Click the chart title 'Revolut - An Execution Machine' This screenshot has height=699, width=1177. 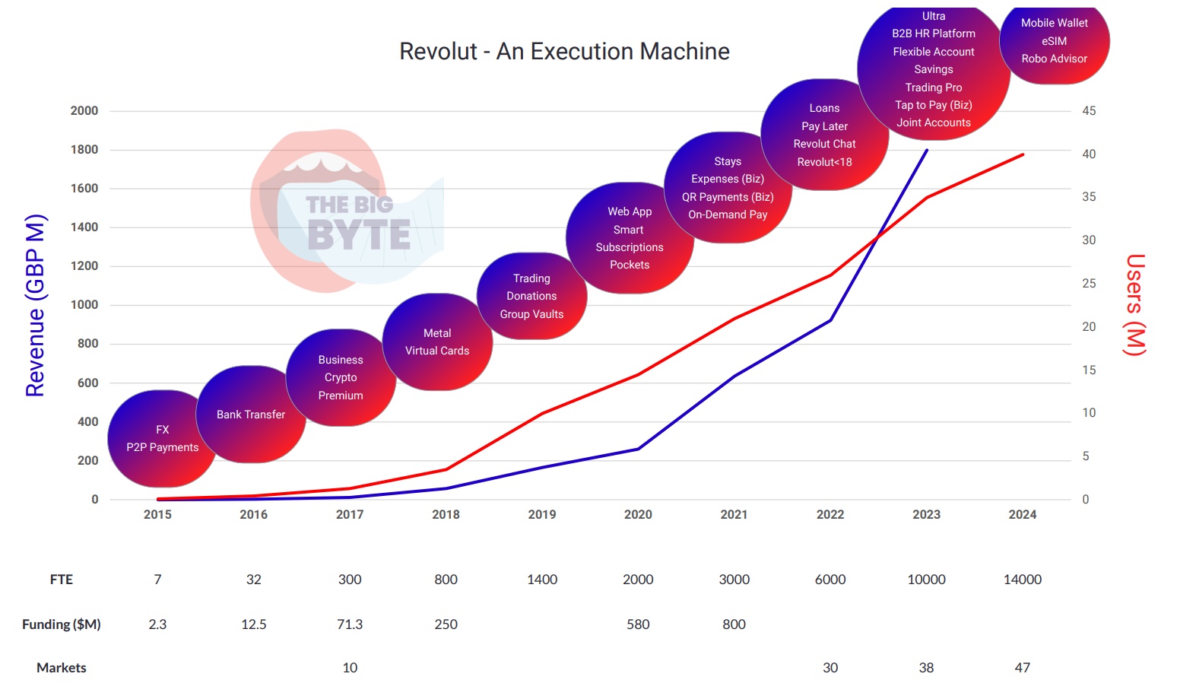point(564,52)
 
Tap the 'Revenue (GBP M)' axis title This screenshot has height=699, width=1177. point(36,306)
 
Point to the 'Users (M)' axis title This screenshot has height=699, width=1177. point(1134,305)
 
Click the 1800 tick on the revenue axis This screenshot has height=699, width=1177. point(84,150)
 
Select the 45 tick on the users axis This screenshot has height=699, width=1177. point(1089,111)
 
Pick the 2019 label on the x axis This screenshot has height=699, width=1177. point(542,515)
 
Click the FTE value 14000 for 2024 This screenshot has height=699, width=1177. point(1022,580)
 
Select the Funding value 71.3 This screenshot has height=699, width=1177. point(350,624)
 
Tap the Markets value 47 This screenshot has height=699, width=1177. point(1022,668)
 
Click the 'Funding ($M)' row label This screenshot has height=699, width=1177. point(62,624)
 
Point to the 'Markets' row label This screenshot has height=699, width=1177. point(62,668)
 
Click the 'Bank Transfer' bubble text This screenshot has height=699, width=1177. point(251,415)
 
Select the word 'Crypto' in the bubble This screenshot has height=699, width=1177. point(341,377)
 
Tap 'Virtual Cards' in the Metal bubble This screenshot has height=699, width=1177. point(437,351)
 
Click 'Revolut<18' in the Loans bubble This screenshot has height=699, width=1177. point(824,162)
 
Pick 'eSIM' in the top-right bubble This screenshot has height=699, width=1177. point(1054,41)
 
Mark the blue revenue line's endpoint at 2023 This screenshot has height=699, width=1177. point(927,150)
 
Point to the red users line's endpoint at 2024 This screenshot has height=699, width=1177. point(1023,154)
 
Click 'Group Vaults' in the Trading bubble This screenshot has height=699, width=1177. point(531,314)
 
